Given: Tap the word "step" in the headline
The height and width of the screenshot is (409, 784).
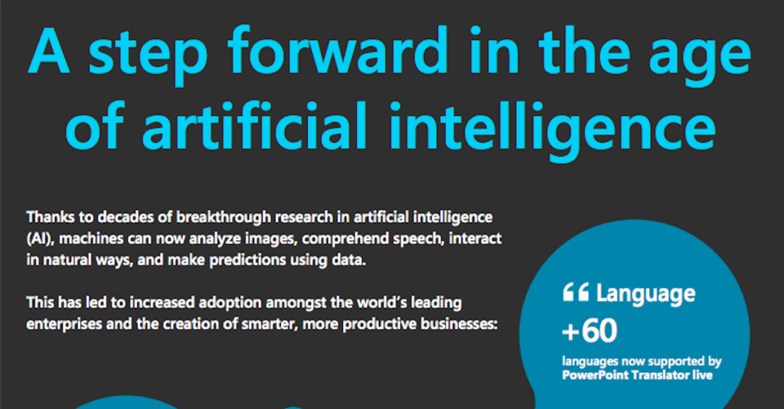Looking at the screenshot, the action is (148, 55).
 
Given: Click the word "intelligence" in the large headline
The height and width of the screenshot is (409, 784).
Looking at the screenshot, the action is (553, 130).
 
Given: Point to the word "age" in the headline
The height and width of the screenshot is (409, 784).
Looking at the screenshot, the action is (700, 59).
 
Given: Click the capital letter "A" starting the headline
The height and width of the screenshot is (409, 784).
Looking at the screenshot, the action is (48, 50).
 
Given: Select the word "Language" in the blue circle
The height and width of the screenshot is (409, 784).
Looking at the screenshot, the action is (645, 294).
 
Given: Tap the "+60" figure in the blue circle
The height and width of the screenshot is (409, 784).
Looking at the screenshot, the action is (590, 330).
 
